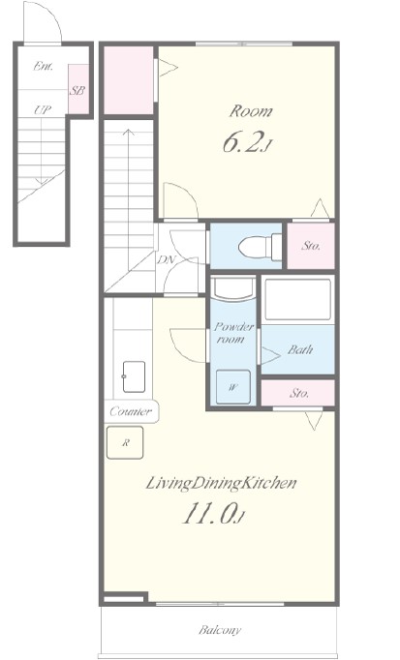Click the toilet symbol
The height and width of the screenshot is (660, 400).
pyautogui.click(x=260, y=247)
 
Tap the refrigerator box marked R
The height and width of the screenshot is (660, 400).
pyautogui.click(x=125, y=442)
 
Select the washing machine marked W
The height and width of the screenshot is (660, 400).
pyautogui.click(x=233, y=387)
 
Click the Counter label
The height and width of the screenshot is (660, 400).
pyautogui.click(x=131, y=411)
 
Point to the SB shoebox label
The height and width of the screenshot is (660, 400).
pyautogui.click(x=77, y=90)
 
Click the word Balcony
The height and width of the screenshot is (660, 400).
pyautogui.click(x=220, y=630)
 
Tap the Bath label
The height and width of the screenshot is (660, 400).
pyautogui.click(x=300, y=349)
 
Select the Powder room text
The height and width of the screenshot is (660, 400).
pyautogui.click(x=233, y=333)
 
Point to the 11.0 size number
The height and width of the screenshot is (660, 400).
pyautogui.click(x=213, y=515)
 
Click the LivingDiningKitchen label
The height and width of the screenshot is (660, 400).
pyautogui.click(x=221, y=483)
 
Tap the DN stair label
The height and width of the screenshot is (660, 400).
pyautogui.click(x=167, y=259)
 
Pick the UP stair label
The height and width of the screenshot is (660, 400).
pyautogui.click(x=43, y=110)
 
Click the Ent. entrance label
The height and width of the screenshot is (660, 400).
pyautogui.click(x=43, y=66)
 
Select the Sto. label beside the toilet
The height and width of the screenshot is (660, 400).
pyautogui.click(x=311, y=246)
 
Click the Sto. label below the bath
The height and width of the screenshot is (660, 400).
pyautogui.click(x=299, y=393)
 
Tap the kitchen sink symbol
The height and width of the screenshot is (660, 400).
pyautogui.click(x=134, y=376)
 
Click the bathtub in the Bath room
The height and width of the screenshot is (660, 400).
pyautogui.click(x=297, y=300)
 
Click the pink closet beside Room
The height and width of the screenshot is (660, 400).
pyautogui.click(x=129, y=79)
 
